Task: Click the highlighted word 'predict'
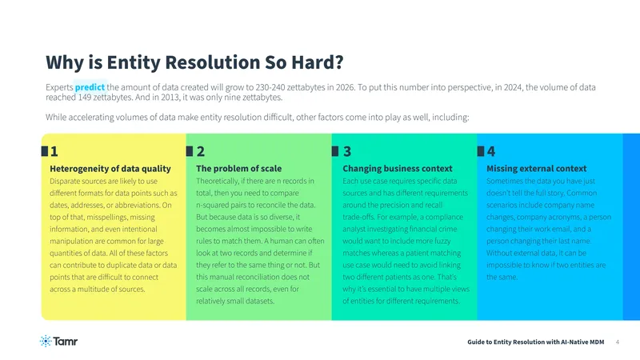pos(90,87)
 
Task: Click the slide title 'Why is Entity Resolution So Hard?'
pos(194,62)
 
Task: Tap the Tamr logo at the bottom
pos(58,342)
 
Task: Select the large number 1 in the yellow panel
pos(54,151)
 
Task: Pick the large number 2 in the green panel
pos(201,151)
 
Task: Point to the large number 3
pos(347,151)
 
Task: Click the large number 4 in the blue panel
pos(491,151)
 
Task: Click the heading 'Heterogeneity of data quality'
pos(110,169)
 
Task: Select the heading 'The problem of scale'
pos(238,169)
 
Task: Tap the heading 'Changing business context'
pos(398,169)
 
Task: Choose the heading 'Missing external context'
pos(536,169)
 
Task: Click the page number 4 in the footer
pos(617,342)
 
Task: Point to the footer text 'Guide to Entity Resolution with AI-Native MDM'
pos(535,342)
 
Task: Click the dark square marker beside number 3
pos(335,151)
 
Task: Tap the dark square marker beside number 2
pos(190,151)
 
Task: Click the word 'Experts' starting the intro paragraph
pos(59,87)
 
